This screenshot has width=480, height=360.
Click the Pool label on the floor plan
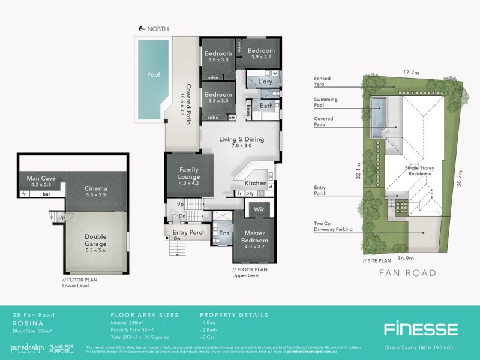click(x=154, y=74)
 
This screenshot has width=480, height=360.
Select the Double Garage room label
click(x=97, y=240)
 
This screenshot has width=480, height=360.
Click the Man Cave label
click(x=37, y=182)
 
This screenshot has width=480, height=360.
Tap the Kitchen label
click(x=256, y=182)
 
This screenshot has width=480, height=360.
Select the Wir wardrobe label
click(x=259, y=211)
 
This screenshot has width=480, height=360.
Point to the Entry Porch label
click(x=189, y=232)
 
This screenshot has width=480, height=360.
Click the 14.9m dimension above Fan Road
click(x=401, y=259)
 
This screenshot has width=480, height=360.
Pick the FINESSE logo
click(x=421, y=328)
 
